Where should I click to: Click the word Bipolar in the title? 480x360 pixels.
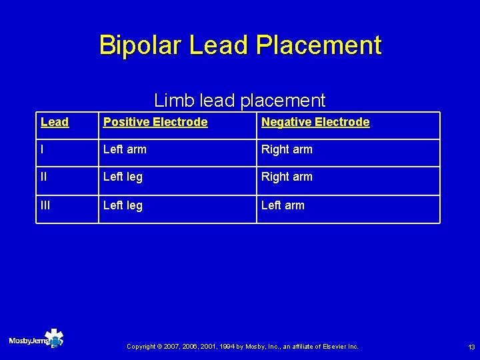tap(141, 45)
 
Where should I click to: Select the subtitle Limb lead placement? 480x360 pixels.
tap(239, 101)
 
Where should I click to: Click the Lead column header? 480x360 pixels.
tap(55, 122)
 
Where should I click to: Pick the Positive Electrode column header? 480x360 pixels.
tap(155, 122)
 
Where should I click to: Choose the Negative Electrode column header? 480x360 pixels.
tap(315, 122)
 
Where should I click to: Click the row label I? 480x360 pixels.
tap(43, 149)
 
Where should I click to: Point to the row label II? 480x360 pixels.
tap(45, 177)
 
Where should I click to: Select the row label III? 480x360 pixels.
tap(46, 205)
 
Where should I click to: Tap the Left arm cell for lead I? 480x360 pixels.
tap(125, 149)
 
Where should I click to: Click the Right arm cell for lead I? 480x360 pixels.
tap(287, 149)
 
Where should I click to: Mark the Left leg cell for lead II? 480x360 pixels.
tap(123, 177)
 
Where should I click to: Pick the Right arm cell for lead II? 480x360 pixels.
tap(287, 177)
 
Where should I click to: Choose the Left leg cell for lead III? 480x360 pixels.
tap(123, 205)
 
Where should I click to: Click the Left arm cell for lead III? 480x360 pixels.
tap(283, 205)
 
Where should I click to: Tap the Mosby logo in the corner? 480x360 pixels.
tap(36, 339)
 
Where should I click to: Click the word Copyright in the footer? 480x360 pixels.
tap(141, 347)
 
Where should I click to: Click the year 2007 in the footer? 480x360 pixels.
tap(175, 347)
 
